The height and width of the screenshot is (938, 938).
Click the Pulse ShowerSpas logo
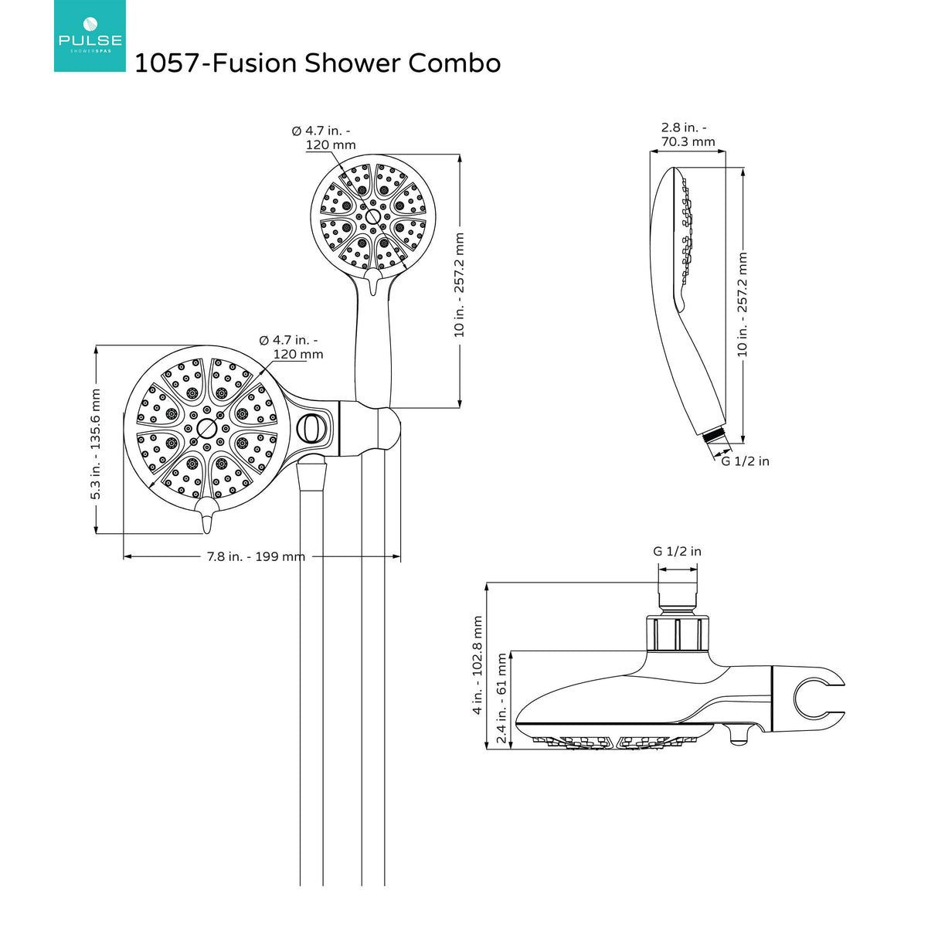(x=90, y=36)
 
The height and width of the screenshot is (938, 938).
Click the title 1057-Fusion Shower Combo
(x=318, y=63)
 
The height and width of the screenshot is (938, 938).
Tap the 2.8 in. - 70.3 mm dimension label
(x=687, y=134)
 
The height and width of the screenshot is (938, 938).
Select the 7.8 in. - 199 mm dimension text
(x=256, y=556)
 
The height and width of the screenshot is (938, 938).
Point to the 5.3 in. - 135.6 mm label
(x=96, y=444)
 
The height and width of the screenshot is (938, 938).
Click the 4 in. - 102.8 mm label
(x=477, y=664)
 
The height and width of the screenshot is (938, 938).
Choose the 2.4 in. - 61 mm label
(x=501, y=698)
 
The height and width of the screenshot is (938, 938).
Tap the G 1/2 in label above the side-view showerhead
(x=677, y=551)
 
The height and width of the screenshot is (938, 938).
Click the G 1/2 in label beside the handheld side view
(x=745, y=461)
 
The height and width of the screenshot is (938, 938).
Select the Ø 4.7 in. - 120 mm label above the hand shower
(x=323, y=138)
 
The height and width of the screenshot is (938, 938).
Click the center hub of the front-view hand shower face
(x=373, y=216)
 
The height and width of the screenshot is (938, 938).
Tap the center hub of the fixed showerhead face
(x=206, y=428)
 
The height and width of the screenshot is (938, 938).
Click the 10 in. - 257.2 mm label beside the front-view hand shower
(x=460, y=284)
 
